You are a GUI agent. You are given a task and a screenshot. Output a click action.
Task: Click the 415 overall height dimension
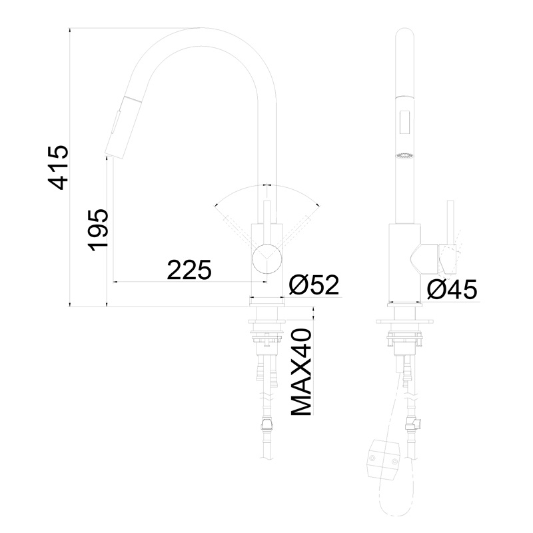[59, 167]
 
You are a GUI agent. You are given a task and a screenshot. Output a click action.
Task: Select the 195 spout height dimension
[99, 230]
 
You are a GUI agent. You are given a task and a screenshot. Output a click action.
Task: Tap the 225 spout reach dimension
[189, 270]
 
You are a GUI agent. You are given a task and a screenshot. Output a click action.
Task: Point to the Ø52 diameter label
[314, 284]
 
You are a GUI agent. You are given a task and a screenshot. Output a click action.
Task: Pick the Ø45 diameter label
[452, 290]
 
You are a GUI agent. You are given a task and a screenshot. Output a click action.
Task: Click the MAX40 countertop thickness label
[301, 372]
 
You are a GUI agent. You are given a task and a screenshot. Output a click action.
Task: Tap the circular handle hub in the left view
[267, 259]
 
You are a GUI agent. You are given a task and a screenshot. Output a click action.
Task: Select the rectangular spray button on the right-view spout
[404, 123]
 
